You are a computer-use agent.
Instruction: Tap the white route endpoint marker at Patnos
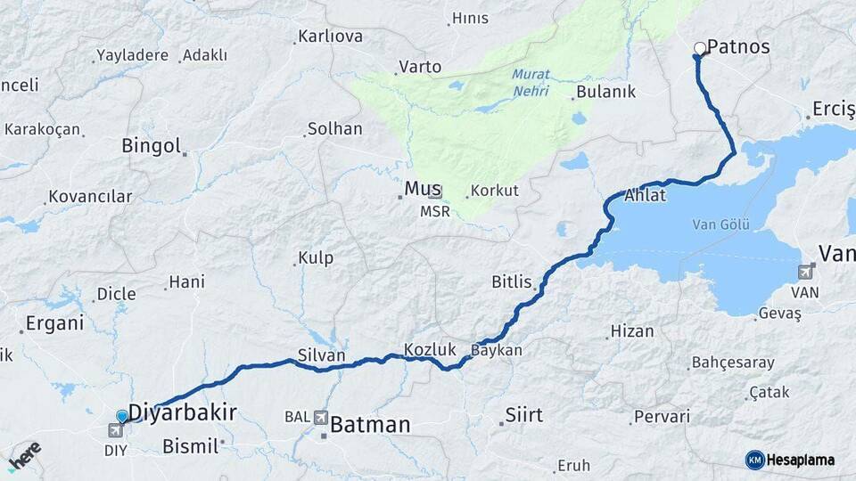[x=700, y=48]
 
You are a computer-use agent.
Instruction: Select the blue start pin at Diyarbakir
[x=122, y=416]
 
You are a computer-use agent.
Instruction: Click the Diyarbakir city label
[x=183, y=412]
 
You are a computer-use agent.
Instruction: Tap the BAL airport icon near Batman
[x=320, y=417]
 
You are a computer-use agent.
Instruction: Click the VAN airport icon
[x=807, y=272]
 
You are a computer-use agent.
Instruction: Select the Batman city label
[x=370, y=426]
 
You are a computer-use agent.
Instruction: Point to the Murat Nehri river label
[x=531, y=83]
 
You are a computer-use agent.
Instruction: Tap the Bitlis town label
[x=511, y=282]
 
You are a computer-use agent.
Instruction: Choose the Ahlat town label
[x=646, y=195]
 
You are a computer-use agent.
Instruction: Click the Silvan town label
[x=322, y=355]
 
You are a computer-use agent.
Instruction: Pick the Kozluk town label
[x=430, y=350]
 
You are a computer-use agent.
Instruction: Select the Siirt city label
[x=524, y=415]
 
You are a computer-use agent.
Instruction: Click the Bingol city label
[x=151, y=146]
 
